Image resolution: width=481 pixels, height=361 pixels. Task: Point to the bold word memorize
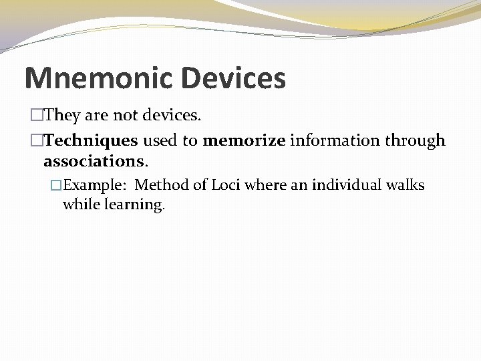244,140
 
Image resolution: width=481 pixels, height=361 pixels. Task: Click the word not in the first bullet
125,116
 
